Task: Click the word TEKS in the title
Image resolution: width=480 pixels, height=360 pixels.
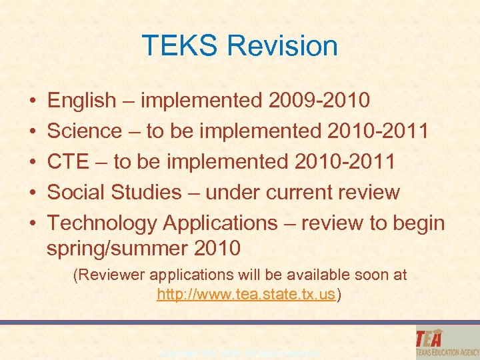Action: (x=179, y=46)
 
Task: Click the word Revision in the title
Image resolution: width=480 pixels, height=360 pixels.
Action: (x=282, y=46)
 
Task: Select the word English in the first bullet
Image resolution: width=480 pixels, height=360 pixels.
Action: (x=81, y=101)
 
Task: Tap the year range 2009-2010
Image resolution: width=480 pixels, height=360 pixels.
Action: (x=319, y=101)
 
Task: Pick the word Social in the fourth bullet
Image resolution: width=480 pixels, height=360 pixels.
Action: (x=75, y=193)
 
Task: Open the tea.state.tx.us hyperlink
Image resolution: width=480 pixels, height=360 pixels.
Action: (x=245, y=295)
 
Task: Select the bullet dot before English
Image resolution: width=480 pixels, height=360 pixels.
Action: (x=33, y=102)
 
